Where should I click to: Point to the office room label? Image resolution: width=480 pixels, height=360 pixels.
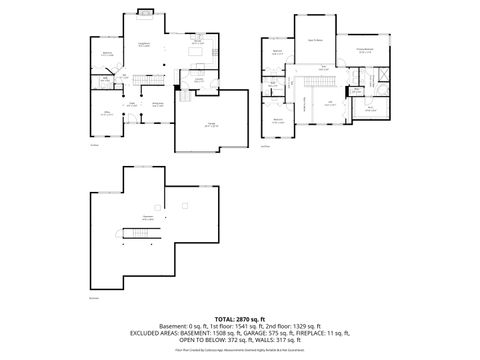pos(107,114)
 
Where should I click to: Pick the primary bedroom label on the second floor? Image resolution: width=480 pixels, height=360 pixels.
pos(367,50)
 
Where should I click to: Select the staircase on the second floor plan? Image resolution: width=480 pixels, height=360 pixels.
pos(304,102)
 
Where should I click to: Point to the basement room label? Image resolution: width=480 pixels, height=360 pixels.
pos(147,217)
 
